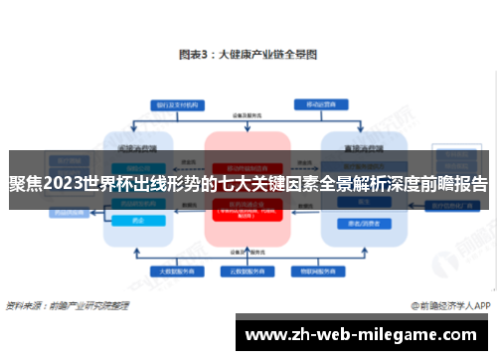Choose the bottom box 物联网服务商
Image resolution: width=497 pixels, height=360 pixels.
pyautogui.click(x=311, y=270)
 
